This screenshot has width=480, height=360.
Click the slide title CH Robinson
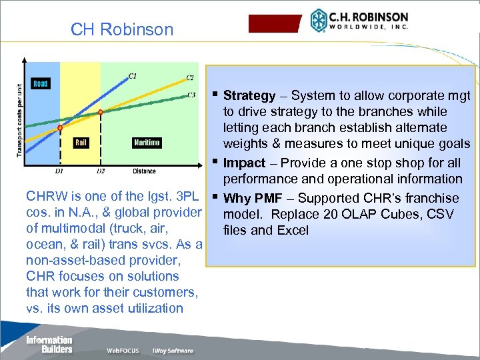point(122,30)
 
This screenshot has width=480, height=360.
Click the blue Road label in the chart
point(41,83)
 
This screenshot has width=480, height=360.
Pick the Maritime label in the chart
point(146,143)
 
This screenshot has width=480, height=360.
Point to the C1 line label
point(133,75)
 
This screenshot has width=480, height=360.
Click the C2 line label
point(190,78)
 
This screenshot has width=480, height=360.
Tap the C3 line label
point(191,95)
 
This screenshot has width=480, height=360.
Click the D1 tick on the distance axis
point(59,171)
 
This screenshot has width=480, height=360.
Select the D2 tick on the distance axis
point(100,171)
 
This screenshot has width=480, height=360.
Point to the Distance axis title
point(144,171)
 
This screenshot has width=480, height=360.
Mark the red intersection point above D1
point(59,127)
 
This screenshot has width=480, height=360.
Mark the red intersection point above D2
point(101,112)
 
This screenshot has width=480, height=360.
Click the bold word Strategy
point(249,95)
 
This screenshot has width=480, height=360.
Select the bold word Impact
point(244,163)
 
